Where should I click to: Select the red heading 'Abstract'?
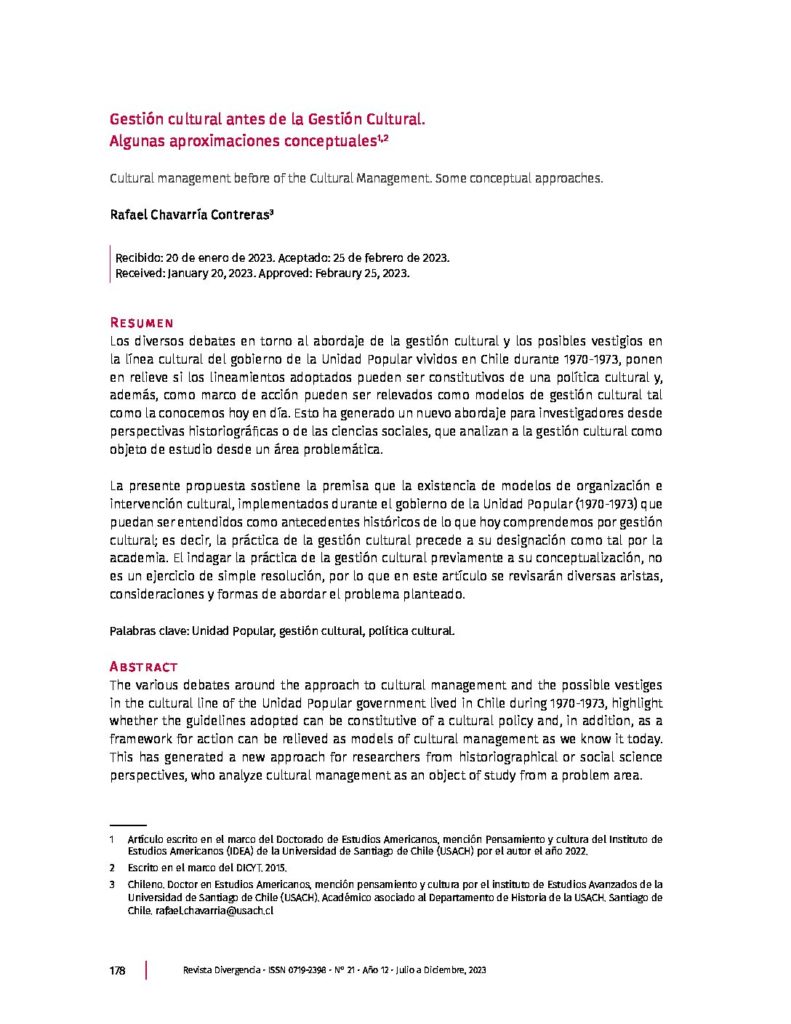pyautogui.click(x=143, y=666)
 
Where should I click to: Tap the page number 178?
pyautogui.click(x=116, y=971)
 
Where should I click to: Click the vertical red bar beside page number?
pyautogui.click(x=147, y=971)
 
